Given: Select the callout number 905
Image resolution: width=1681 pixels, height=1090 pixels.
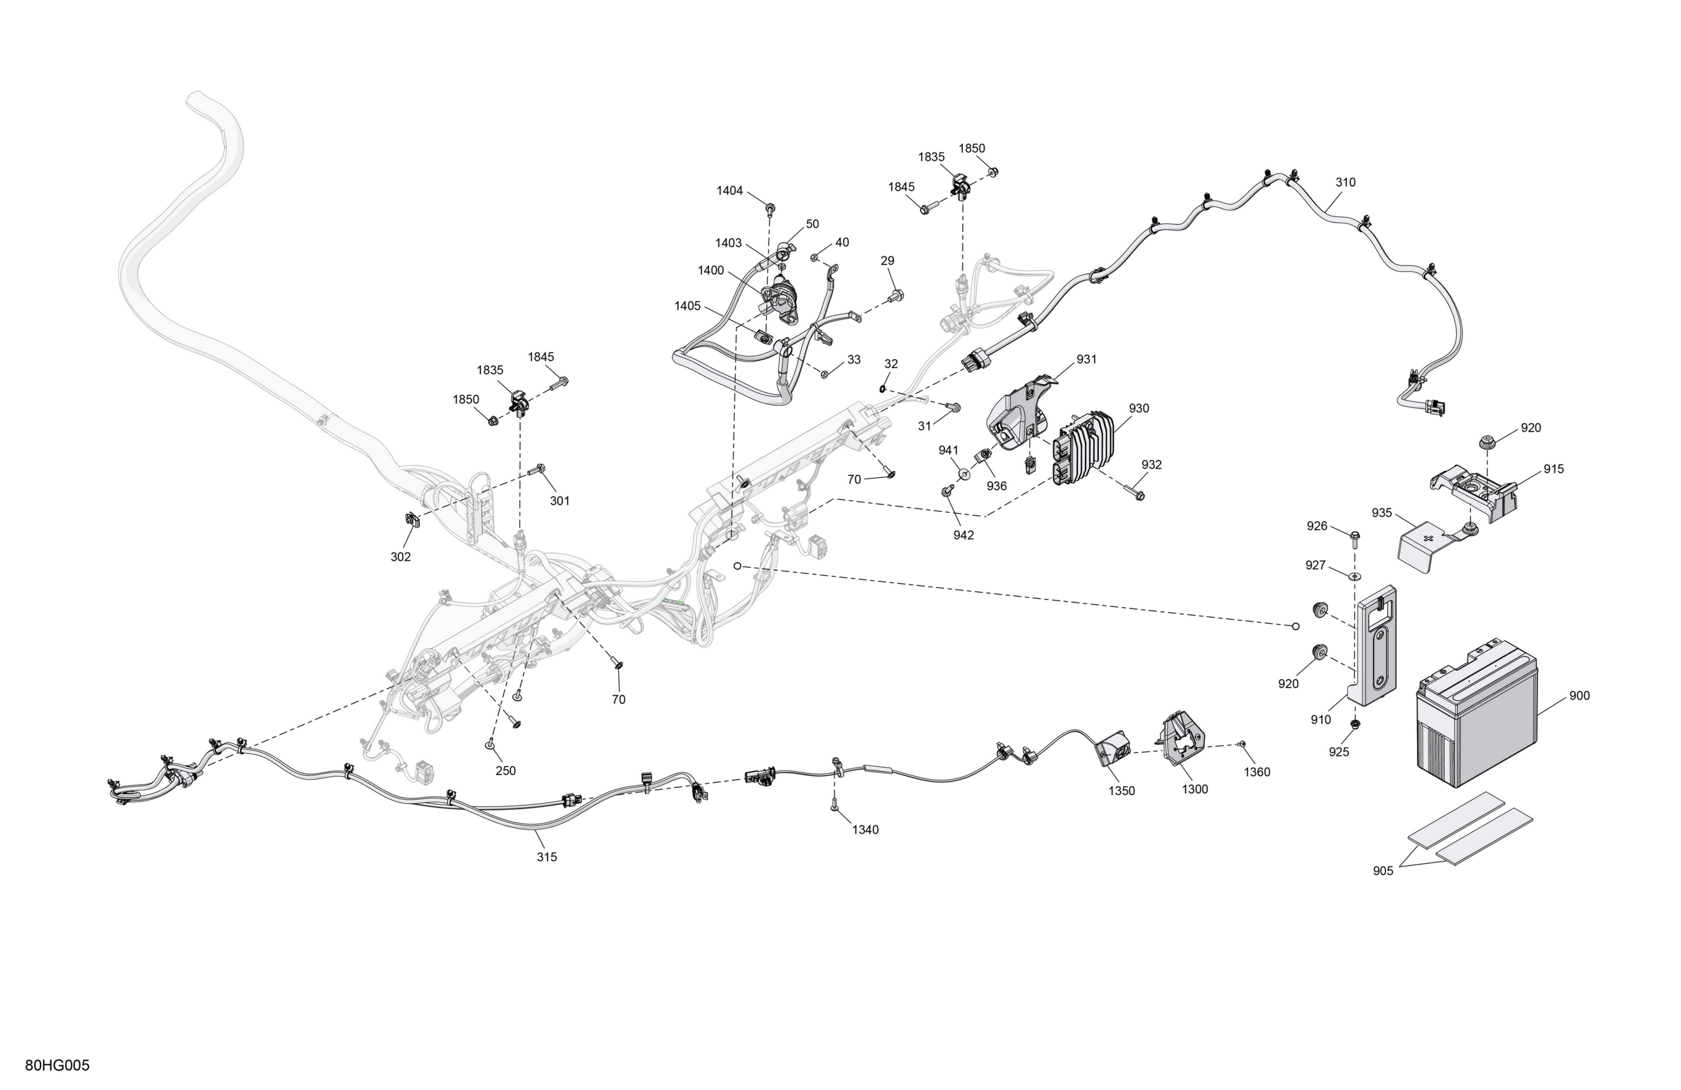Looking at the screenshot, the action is coord(1383,871).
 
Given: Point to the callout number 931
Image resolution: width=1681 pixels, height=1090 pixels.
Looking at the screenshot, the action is coord(1086,360).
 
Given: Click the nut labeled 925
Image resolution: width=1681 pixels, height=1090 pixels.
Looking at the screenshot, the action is coord(1355,724).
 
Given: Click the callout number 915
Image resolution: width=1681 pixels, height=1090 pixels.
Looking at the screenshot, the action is coord(1554,469).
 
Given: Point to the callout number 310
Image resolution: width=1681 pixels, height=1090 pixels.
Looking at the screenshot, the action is coord(1345,182).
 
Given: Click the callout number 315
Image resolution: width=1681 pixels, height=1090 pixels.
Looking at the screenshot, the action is coord(547,857).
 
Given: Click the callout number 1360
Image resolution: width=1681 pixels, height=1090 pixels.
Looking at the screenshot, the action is coord(1257,772).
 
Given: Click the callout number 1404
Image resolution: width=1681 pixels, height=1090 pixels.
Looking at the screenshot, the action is coord(730,191).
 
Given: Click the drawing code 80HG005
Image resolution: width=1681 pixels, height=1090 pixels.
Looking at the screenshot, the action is coord(57,1066).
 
